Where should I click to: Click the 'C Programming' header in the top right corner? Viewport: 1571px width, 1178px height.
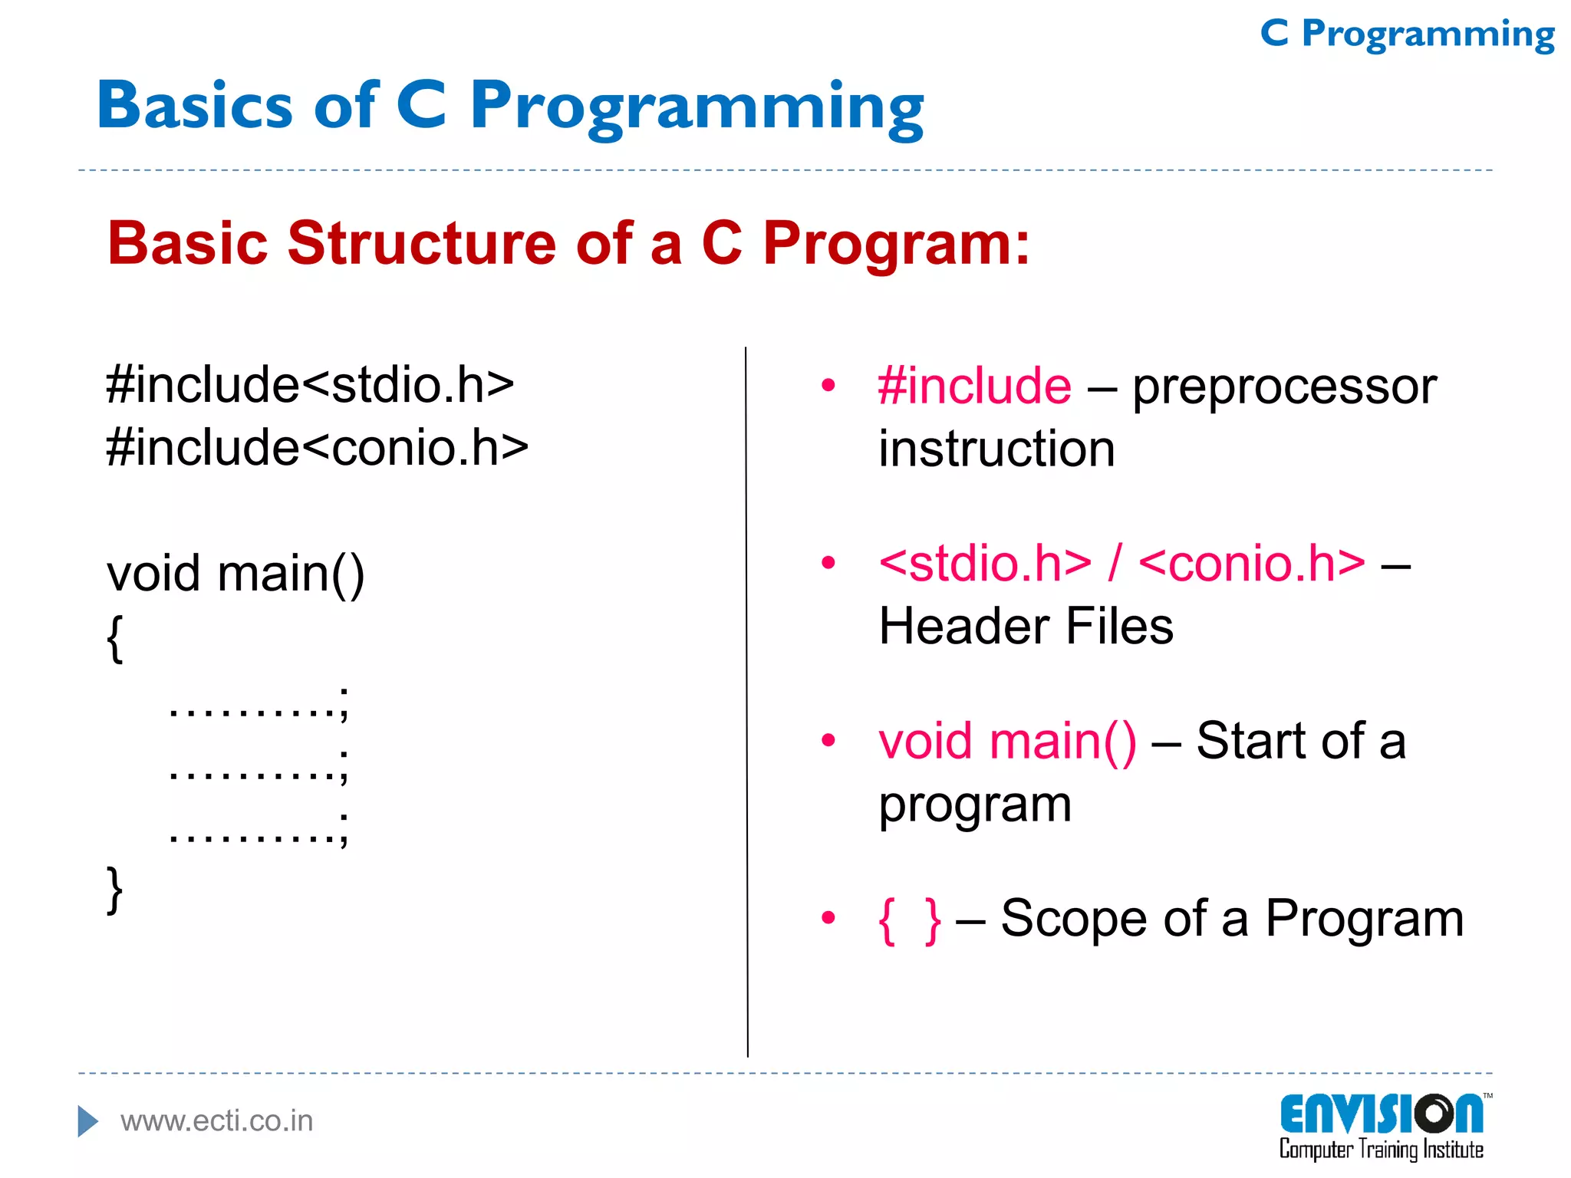pos(1407,35)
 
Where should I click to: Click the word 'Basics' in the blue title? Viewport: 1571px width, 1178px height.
pos(195,105)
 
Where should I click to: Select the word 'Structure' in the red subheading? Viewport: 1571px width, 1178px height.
pos(421,243)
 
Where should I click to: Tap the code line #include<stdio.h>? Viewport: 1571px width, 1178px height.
pos(310,384)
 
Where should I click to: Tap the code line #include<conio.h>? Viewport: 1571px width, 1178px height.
pos(317,447)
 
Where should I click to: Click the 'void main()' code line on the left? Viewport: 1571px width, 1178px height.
pos(235,574)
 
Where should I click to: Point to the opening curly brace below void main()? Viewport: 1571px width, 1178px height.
pos(115,637)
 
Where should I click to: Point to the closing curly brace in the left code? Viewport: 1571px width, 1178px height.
pos(115,890)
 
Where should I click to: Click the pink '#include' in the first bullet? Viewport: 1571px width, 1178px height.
pos(974,386)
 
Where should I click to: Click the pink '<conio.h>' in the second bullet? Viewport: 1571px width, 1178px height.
pos(1252,564)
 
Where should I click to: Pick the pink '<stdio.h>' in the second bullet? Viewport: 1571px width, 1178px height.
pos(985,564)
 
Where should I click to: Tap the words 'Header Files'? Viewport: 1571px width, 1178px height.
pos(1026,627)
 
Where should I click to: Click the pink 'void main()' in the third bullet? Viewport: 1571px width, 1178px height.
pos(1007,742)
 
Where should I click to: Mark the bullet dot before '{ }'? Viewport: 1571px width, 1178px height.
pos(828,917)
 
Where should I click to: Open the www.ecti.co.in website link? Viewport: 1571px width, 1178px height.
pos(216,1121)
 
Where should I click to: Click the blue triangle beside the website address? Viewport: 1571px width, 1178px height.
pos(87,1121)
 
